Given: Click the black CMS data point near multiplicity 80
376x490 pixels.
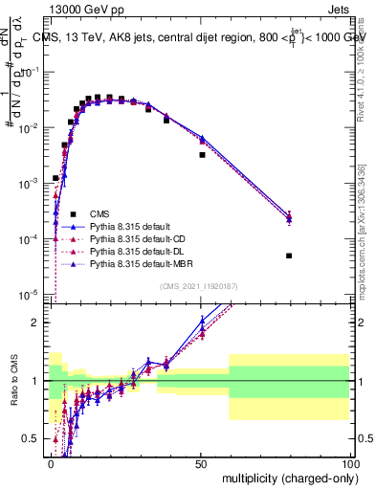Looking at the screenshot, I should [289, 256].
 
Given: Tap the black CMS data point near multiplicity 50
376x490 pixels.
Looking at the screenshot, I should [202, 154].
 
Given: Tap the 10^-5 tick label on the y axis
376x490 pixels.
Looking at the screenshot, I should [31, 293].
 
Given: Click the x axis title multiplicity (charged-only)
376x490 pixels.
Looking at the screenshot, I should [285, 478].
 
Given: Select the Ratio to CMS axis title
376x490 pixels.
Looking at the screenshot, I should [13, 380].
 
